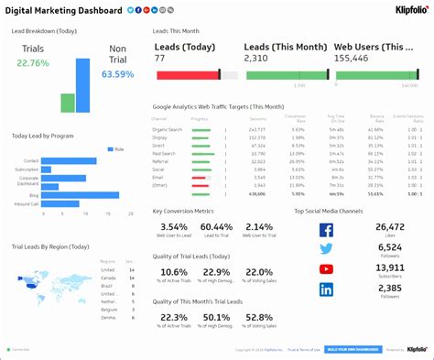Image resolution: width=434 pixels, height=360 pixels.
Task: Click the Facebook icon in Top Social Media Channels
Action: (327, 229)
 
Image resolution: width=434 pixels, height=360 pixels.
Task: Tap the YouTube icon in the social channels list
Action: (327, 269)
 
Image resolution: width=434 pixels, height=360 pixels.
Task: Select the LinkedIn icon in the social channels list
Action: (327, 289)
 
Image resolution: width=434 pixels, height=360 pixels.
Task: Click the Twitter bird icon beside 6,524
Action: (327, 249)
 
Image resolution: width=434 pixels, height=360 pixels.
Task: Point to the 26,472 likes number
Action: (389, 227)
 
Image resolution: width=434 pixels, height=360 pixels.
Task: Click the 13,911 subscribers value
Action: (389, 267)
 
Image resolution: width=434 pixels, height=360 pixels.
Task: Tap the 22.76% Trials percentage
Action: (32, 63)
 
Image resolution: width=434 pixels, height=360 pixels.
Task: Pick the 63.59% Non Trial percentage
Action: (117, 73)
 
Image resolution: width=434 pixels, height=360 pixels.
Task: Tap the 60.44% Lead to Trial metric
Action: (216, 227)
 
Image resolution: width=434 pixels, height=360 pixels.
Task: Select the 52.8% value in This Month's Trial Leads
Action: (259, 318)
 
